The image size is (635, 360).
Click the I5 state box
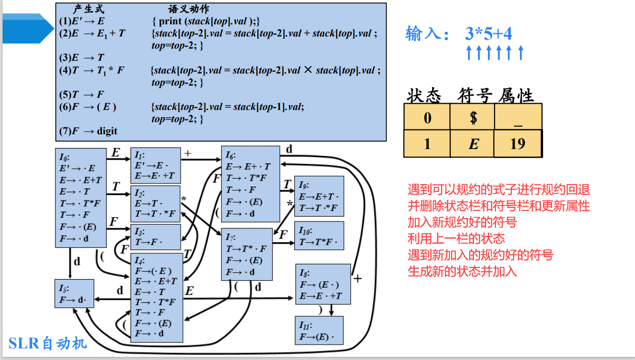click(74, 293)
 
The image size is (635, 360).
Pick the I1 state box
click(155, 165)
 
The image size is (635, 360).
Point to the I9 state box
click(319, 196)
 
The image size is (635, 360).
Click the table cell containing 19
click(518, 143)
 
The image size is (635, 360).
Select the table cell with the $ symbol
click(473, 117)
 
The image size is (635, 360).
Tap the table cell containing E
click(473, 143)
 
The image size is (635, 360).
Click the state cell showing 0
click(427, 117)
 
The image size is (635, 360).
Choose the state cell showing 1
click(427, 143)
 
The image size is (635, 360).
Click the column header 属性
click(516, 96)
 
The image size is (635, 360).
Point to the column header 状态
click(424, 96)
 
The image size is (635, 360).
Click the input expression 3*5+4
click(489, 34)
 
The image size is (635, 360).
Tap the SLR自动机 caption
click(48, 344)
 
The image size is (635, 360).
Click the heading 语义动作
click(189, 10)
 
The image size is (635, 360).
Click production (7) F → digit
click(88, 131)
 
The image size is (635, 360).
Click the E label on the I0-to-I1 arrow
click(116, 153)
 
